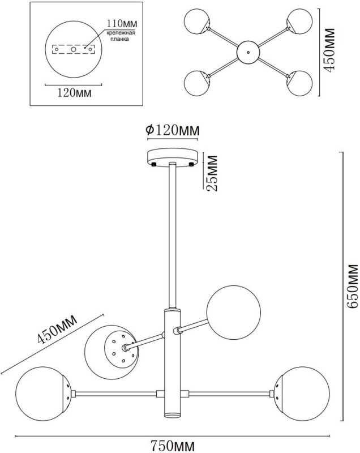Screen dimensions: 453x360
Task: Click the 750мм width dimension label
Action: (x=173, y=446)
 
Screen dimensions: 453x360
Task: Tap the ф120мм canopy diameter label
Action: (x=173, y=130)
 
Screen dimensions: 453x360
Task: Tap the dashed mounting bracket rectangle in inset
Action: (x=73, y=49)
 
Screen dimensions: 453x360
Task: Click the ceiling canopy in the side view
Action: (x=173, y=157)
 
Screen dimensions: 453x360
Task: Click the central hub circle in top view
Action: (x=247, y=52)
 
